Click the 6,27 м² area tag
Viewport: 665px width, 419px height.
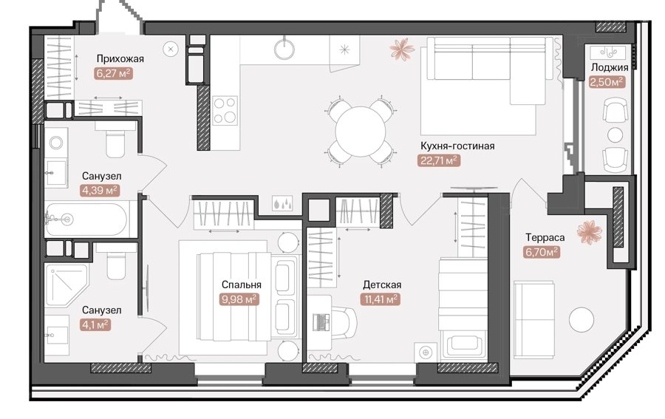pyautogui.click(x=114, y=73)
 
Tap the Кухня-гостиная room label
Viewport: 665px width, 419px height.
pyautogui.click(x=457, y=146)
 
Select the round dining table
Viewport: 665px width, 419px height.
pyautogui.click(x=360, y=132)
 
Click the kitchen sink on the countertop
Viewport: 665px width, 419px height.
pyautogui.click(x=284, y=48)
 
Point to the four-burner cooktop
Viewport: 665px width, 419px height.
pyautogui.click(x=225, y=110)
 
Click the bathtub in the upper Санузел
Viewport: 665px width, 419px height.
pyautogui.click(x=86, y=219)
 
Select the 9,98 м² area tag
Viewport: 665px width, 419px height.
pyautogui.click(x=239, y=299)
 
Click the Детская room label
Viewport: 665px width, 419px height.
pyautogui.click(x=382, y=285)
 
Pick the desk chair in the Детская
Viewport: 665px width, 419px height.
pyautogui.click(x=344, y=323)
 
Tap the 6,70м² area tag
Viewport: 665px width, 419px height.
pyautogui.click(x=542, y=252)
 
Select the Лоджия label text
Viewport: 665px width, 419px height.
pyautogui.click(x=610, y=67)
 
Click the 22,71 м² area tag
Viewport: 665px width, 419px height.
pyautogui.click(x=439, y=161)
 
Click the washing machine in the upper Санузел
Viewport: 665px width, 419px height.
pyautogui.click(x=56, y=143)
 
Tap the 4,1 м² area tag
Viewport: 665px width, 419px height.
pyautogui.click(x=95, y=325)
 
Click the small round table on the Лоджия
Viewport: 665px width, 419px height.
pyautogui.click(x=615, y=134)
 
